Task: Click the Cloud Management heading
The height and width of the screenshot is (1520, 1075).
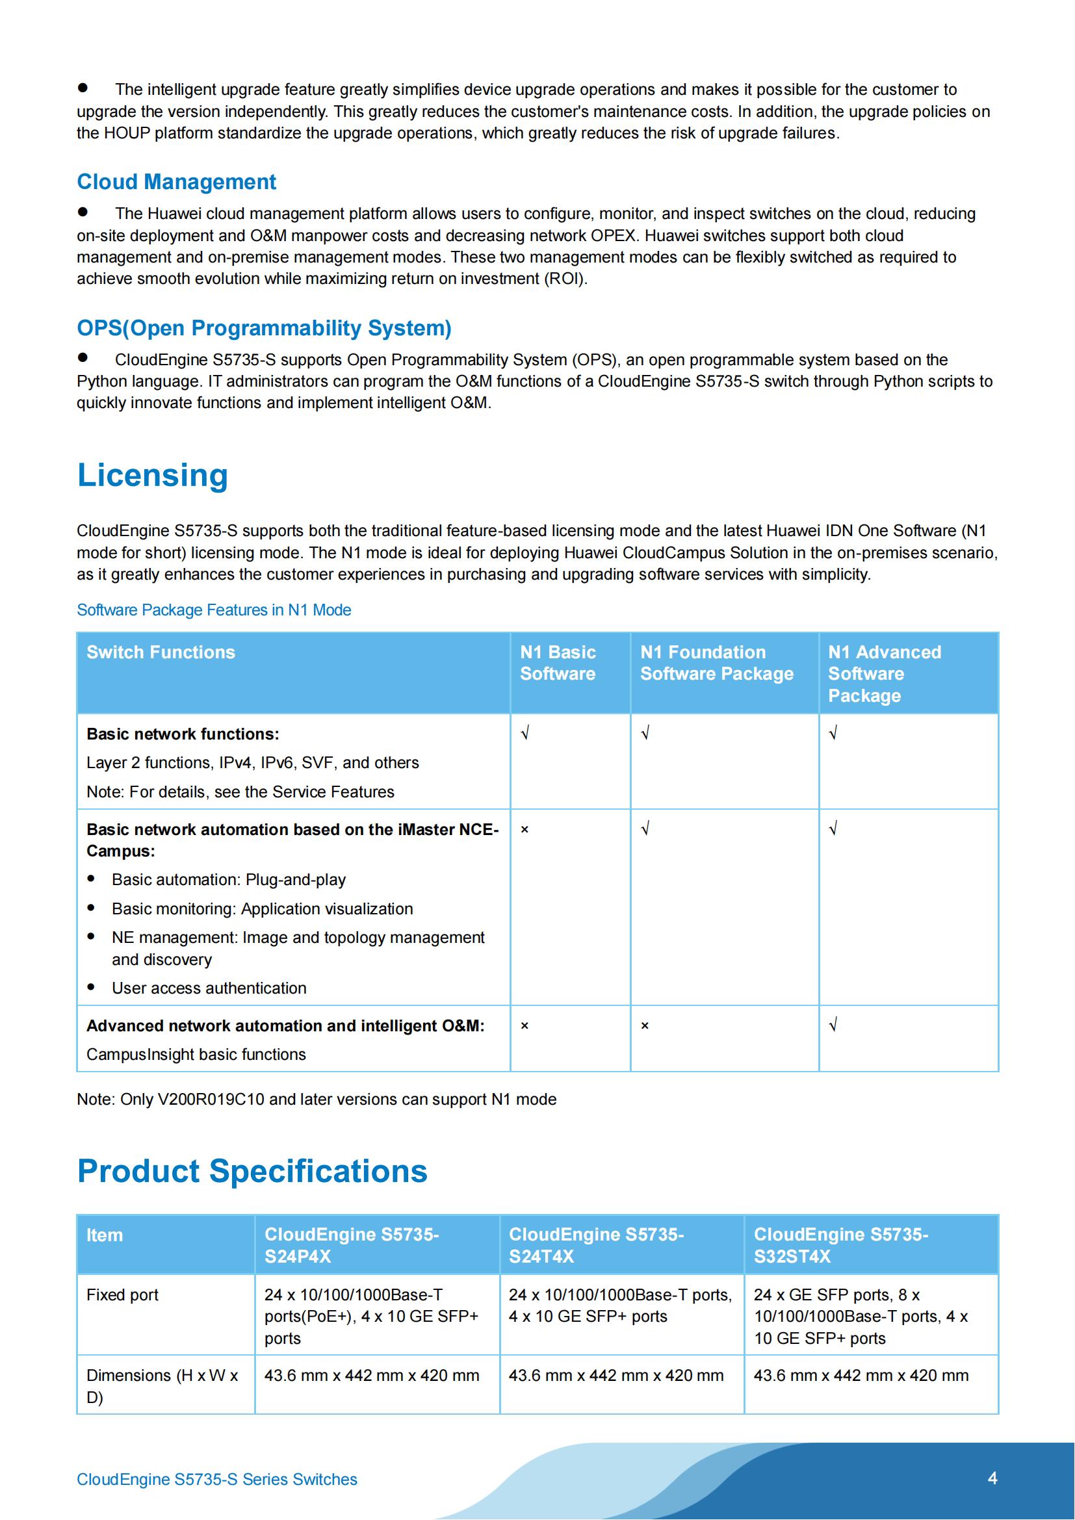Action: click(176, 181)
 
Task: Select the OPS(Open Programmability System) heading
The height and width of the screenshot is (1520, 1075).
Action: click(263, 328)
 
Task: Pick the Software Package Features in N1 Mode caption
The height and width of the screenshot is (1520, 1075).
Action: click(214, 610)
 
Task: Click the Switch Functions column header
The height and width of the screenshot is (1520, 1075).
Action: click(161, 652)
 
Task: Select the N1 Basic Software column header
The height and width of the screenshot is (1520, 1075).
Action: click(558, 663)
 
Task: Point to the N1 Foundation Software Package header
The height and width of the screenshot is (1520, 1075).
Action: click(716, 663)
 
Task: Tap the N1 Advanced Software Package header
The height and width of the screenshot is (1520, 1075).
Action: click(884, 673)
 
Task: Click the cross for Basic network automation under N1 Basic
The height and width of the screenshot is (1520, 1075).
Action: click(525, 829)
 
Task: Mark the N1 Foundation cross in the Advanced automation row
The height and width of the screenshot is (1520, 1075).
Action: click(645, 1025)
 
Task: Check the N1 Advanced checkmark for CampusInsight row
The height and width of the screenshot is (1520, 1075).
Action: click(833, 1025)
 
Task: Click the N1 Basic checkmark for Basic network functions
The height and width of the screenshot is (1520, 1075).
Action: click(525, 734)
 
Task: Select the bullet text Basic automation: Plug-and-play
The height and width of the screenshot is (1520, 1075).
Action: click(228, 879)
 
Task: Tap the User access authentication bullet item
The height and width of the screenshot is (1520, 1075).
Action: click(209, 988)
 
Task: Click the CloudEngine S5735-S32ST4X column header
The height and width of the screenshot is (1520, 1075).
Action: click(840, 1245)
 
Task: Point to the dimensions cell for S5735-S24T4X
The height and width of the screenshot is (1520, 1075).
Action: click(615, 1375)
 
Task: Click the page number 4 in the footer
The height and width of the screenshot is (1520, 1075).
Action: click(992, 1478)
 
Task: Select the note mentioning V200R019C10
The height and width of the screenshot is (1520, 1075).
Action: click(317, 1099)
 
